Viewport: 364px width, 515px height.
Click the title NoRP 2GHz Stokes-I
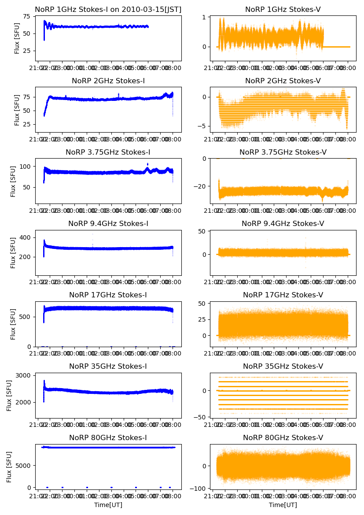tap(108, 81)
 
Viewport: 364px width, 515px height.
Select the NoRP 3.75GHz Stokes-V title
tap(283, 152)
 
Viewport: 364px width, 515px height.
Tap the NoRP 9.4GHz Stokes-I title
tap(108, 223)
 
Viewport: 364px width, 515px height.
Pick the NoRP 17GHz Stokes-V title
tap(283, 295)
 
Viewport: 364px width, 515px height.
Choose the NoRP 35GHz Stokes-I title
tap(108, 366)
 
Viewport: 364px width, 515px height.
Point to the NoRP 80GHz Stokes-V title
tap(283, 437)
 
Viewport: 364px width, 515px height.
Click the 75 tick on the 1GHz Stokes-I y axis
tap(27, 17)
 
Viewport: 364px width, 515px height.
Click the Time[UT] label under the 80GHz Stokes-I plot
tap(108, 505)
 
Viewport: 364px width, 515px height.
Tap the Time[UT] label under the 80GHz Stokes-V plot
tap(283, 505)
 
